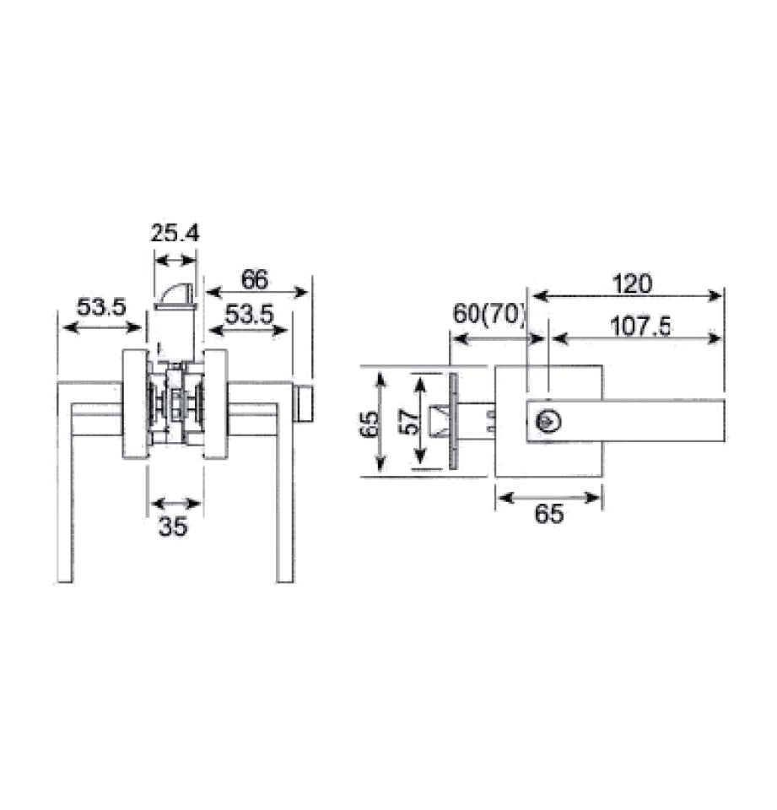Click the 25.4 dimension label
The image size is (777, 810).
(x=175, y=233)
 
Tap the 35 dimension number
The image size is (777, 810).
(x=173, y=527)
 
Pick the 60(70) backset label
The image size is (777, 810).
(x=489, y=313)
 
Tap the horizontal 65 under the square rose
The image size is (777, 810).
(x=548, y=514)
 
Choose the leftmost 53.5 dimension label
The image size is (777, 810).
(x=101, y=307)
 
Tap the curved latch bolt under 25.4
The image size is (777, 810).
(x=175, y=296)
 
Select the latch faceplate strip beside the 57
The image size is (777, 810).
(x=453, y=422)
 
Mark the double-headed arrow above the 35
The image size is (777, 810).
(x=175, y=504)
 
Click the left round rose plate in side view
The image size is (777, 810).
(x=134, y=405)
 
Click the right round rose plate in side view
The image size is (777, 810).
(x=216, y=405)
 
